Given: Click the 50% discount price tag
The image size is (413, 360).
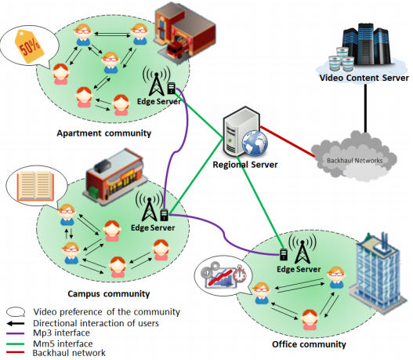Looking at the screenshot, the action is tap(29, 47).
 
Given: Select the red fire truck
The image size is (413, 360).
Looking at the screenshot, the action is tap(176, 49).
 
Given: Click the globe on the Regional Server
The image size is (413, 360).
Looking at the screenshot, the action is tap(255, 144).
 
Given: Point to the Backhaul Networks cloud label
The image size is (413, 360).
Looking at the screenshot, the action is tap(354, 161).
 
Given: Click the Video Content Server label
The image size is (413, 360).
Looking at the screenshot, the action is tap(364, 78).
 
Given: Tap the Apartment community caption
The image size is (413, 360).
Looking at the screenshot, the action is tap(104, 133).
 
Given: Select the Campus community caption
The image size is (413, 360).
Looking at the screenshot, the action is tap(108, 293).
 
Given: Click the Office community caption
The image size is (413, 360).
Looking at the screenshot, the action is tap(309, 344).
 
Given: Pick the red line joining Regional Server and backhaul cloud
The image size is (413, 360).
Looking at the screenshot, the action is tap(288, 142).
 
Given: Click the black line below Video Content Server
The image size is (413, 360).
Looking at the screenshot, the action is tap(365, 108).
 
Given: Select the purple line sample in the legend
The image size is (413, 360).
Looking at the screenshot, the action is tap(15, 333).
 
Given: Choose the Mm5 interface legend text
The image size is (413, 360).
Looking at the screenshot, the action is tap(63, 344).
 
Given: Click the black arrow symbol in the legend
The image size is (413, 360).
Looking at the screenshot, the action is tap(16, 323).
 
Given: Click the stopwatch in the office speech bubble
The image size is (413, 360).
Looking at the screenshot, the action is tap(241, 275).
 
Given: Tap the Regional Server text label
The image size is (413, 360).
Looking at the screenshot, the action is tap(245, 165).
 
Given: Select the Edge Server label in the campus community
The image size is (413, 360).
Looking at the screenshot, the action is tap(153, 227).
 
